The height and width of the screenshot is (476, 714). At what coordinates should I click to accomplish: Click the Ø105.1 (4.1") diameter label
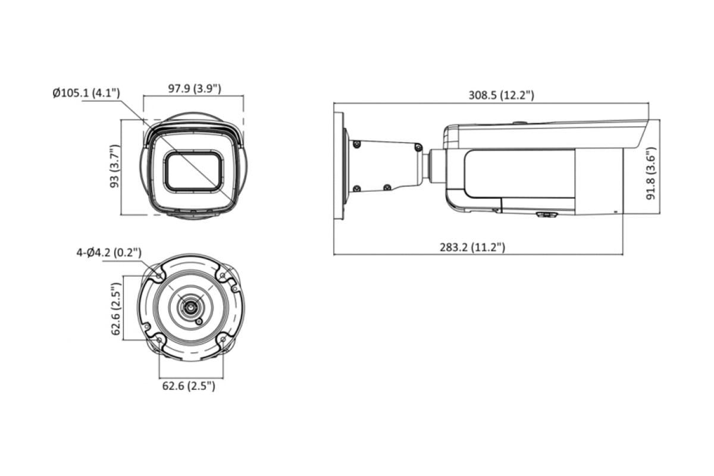pyautogui.click(x=86, y=93)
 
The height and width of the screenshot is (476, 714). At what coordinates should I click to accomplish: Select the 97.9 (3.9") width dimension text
pyautogui.click(x=195, y=88)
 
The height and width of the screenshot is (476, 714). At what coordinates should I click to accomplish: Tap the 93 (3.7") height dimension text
pyautogui.click(x=114, y=166)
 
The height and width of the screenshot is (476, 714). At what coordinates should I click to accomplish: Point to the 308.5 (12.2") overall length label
pyautogui.click(x=501, y=95)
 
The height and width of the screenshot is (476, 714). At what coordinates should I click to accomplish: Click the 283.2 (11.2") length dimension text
pyautogui.click(x=472, y=247)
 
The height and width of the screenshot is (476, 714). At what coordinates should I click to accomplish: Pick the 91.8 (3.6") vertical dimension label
pyautogui.click(x=650, y=173)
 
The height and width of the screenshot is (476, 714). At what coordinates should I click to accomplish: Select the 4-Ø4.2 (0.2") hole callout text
pyautogui.click(x=109, y=252)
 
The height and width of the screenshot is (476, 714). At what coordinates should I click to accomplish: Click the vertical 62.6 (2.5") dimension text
pyautogui.click(x=116, y=309)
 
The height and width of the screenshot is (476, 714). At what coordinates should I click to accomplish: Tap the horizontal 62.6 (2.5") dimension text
pyautogui.click(x=189, y=386)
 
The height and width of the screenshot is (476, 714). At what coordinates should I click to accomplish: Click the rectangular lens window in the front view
pyautogui.click(x=193, y=171)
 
